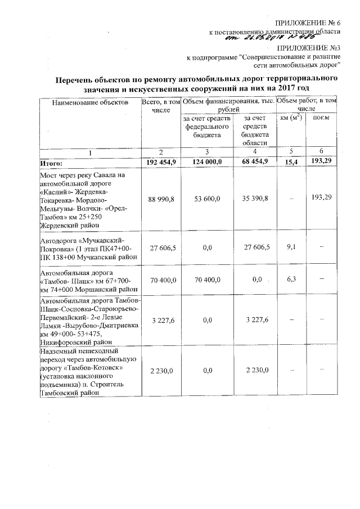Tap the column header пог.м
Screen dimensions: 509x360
tap(321, 119)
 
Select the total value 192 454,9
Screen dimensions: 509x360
tap(161, 162)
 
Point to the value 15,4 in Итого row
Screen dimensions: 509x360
tap(291, 162)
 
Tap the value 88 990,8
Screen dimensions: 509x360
tap(161, 199)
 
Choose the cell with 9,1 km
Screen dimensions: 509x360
tap(291, 246)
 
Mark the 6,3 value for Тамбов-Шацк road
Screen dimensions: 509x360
tap(291, 279)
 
